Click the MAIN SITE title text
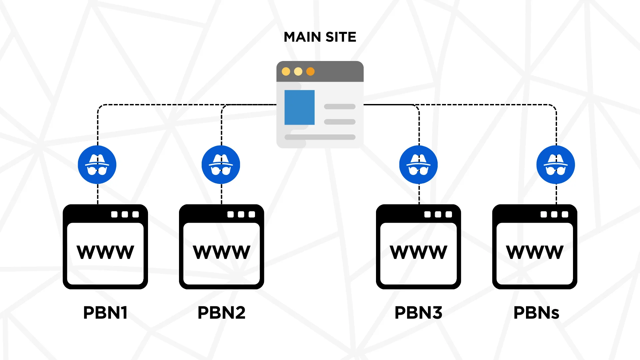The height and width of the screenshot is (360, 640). coord(320,37)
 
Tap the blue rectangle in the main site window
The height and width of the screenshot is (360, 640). coord(299,107)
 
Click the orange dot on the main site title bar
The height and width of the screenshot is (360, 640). coord(310,72)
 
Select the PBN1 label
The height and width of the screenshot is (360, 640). coord(105,313)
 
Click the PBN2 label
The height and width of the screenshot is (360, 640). coord(221,313)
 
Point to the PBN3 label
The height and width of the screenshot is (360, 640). coord(418,313)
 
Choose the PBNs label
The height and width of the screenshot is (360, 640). coord(536,313)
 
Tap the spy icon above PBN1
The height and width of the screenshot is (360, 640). coord(97,165)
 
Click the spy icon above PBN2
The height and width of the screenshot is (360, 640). coord(221,165)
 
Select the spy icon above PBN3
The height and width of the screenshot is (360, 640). coord(418,165)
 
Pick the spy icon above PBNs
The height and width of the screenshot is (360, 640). coord(555,165)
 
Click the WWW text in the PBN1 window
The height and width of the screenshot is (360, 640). coord(105,252)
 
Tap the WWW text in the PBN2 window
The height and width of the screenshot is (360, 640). coord(221,252)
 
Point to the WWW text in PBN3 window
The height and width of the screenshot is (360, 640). coord(418,252)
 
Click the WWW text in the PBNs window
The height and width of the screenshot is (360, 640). coord(535,252)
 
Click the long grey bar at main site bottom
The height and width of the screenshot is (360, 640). coord(320,137)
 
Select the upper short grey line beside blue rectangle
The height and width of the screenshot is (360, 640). coord(340,107)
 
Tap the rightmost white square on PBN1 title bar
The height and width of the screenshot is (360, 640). coord(135,214)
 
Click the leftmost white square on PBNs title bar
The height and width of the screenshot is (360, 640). coord(544,214)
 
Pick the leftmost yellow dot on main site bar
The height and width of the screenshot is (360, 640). coord(286,72)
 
